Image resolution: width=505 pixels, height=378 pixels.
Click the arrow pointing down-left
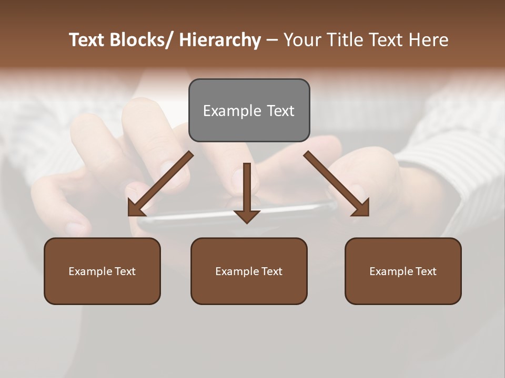click(x=160, y=184)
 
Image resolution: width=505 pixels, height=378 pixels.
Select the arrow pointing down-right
click(x=337, y=184)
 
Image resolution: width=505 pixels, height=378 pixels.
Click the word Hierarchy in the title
click(x=220, y=40)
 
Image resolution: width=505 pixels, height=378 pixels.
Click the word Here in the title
click(x=430, y=40)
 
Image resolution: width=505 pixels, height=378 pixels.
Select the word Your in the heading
click(x=301, y=40)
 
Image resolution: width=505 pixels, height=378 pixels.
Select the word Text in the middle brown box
click(x=271, y=271)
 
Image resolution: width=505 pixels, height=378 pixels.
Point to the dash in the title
click(x=272, y=40)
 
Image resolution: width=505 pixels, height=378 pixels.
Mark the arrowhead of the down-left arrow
click(x=135, y=209)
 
